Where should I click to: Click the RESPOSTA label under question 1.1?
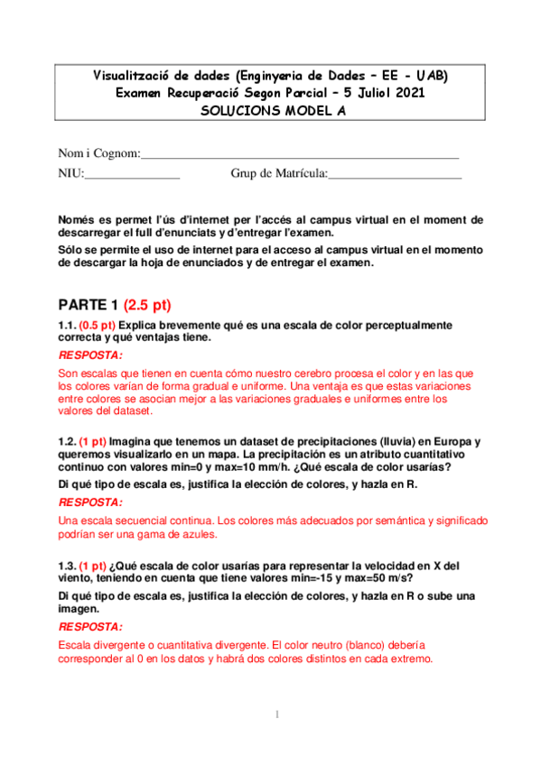(90, 355)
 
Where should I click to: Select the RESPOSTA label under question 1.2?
(90, 502)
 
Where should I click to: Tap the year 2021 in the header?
(405, 93)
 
